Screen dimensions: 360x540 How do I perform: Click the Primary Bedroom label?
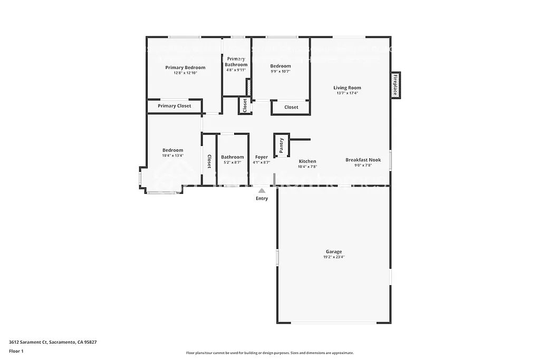coord(185,67)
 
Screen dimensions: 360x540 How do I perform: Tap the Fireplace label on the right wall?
coord(394,84)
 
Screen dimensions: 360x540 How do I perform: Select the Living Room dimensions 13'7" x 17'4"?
coord(347,93)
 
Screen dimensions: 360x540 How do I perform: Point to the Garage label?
coord(333,252)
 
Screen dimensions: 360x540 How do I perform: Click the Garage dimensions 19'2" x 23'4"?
coord(333,257)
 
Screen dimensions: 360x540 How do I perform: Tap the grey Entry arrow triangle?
coord(262,190)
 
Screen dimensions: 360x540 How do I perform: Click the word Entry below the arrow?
coord(262,199)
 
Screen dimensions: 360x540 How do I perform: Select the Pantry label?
coord(281,145)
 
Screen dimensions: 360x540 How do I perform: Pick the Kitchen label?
coord(307,161)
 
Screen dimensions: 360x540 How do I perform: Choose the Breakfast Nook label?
coord(363,160)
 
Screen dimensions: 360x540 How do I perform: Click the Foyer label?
coord(261,157)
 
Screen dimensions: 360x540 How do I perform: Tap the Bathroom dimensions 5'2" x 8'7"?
coord(232,162)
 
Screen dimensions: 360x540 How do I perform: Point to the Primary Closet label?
coord(175,106)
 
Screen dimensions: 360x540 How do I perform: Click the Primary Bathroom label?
coord(236,62)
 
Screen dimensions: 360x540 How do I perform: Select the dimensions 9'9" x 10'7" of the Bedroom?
coord(281,71)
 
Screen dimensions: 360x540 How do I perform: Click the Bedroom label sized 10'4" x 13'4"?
coord(172,150)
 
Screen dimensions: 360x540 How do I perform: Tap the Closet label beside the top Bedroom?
coord(291,108)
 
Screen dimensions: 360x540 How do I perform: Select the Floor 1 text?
coord(16,351)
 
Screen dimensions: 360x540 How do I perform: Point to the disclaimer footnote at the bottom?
coord(269,353)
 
